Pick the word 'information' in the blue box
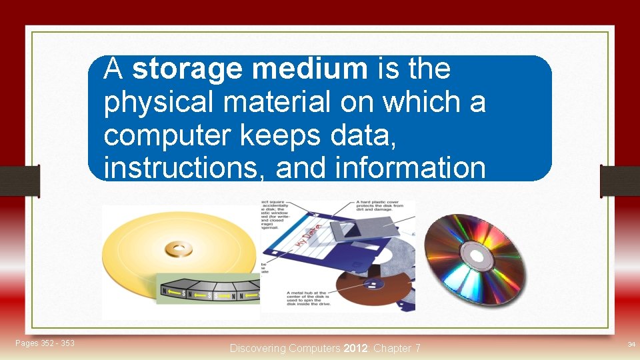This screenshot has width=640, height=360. (x=381, y=168)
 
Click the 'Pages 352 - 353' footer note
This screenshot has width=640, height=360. (x=45, y=343)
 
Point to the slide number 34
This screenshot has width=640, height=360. (x=630, y=344)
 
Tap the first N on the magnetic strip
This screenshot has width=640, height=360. (x=164, y=291)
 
